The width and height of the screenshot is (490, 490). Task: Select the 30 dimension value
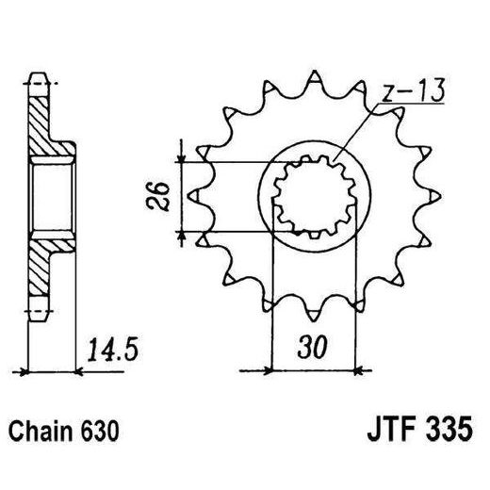click(310, 347)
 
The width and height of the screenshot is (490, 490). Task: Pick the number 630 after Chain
click(102, 433)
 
